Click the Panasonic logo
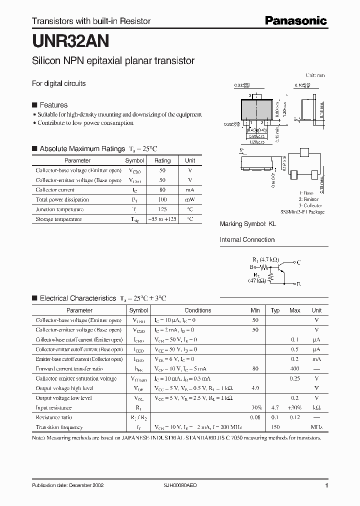[x=295, y=20]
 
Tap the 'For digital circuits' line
[x=58, y=83]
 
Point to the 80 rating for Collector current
[x=162, y=190]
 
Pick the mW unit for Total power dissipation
[x=190, y=199]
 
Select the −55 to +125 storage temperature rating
[x=162, y=219]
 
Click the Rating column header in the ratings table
[x=162, y=160]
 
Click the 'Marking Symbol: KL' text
[x=247, y=224]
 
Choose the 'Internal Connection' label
[x=247, y=239]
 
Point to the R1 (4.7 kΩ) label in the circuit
[x=264, y=260]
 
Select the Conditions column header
[x=197, y=310]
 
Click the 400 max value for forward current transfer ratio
[x=294, y=368]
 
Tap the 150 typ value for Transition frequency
[x=275, y=427]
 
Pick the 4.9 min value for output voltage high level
[x=255, y=388]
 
